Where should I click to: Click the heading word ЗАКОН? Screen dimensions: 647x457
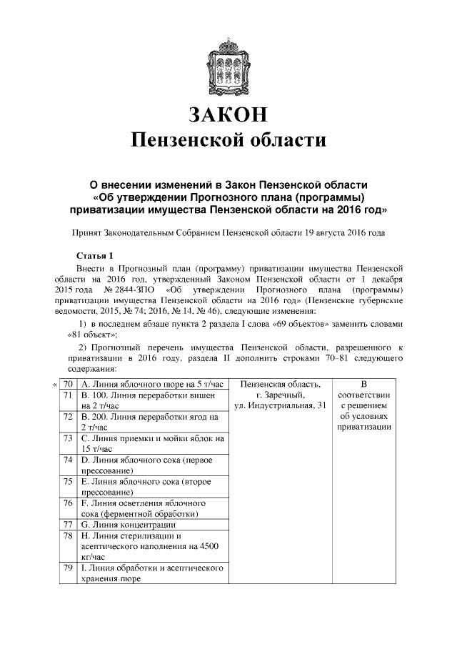pos(228,114)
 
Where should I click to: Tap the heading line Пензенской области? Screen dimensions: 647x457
pos(228,139)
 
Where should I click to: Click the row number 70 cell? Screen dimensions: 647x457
pos(69,384)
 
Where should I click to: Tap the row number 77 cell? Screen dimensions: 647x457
pos(69,523)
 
